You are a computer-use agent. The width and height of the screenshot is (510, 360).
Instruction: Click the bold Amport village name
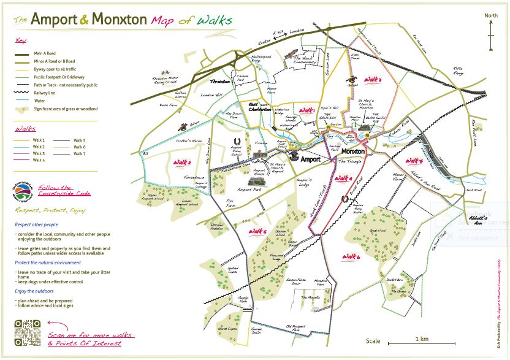[310, 158]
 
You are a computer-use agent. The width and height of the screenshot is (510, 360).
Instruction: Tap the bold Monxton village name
[353, 151]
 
